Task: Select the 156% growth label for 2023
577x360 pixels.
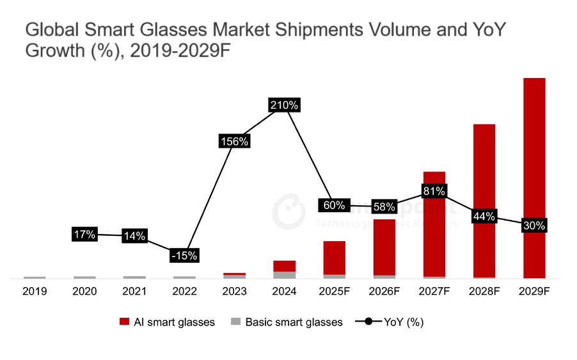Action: click(234, 142)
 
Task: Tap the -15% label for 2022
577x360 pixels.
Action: click(184, 255)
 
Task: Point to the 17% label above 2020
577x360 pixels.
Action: click(84, 235)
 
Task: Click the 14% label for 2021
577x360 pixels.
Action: click(134, 236)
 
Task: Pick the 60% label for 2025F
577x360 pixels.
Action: click(334, 205)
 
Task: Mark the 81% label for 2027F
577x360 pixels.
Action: click(434, 191)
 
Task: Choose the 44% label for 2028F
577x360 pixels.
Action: click(484, 216)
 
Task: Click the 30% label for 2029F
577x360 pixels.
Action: click(534, 225)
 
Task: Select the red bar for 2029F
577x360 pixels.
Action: click(534, 147)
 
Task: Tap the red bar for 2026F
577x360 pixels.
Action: click(384, 246)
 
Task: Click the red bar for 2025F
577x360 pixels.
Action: click(334, 257)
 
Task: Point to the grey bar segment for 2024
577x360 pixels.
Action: click(284, 275)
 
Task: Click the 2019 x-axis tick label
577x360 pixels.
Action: click(35, 291)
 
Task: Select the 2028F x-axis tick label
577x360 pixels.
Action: click(484, 291)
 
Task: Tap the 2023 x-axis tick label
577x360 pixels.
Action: click(234, 291)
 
